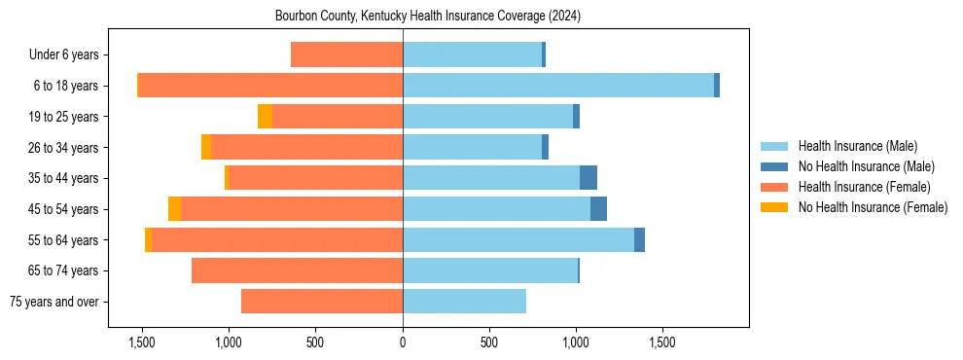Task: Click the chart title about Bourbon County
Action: coord(428,16)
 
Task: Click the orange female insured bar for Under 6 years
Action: coord(346,54)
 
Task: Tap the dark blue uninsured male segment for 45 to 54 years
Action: coord(598,209)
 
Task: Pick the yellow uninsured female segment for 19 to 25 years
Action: coord(265,117)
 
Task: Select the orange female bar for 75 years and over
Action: coord(321,302)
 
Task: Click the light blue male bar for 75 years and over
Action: coord(464,302)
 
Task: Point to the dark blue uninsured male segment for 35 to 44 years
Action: coord(588,178)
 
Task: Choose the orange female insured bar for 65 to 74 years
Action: coord(297,270)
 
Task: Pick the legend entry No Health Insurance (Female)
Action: coord(872,207)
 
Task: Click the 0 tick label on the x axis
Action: coord(403,343)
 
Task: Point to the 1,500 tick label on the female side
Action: coord(142,343)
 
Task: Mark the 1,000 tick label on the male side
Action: coord(576,343)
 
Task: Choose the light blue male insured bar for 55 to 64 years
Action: coord(517,240)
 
